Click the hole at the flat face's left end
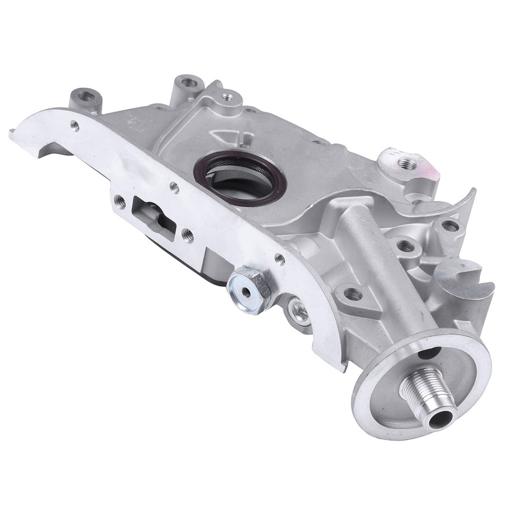click(x=75, y=125)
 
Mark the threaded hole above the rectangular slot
click(x=174, y=186)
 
